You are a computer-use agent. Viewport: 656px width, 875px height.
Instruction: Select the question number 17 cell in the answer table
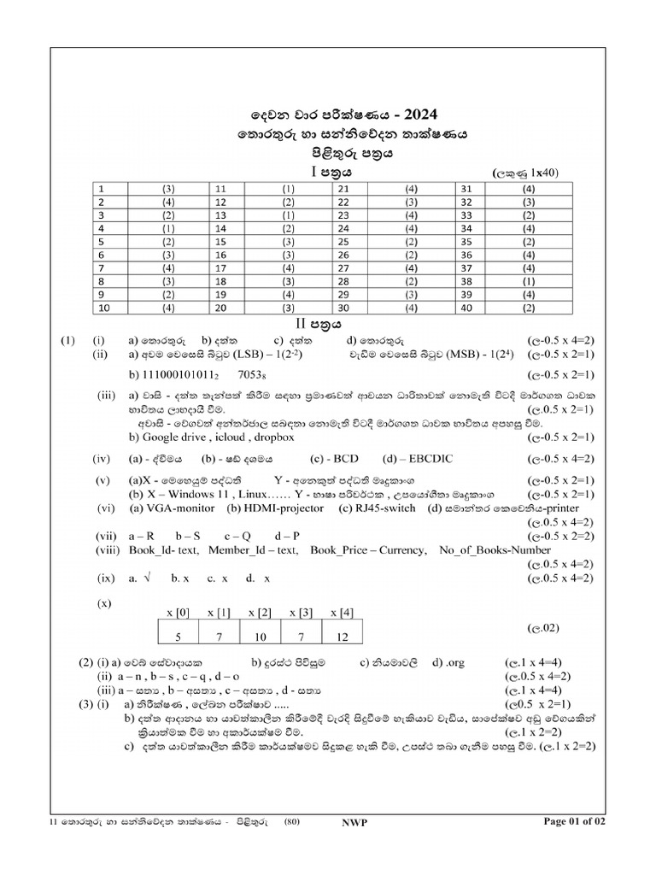(x=220, y=267)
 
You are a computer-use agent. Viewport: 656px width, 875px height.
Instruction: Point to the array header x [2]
(x=260, y=613)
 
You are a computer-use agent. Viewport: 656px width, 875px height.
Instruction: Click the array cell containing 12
(x=343, y=637)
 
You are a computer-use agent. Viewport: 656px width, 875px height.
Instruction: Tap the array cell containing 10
(x=260, y=637)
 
